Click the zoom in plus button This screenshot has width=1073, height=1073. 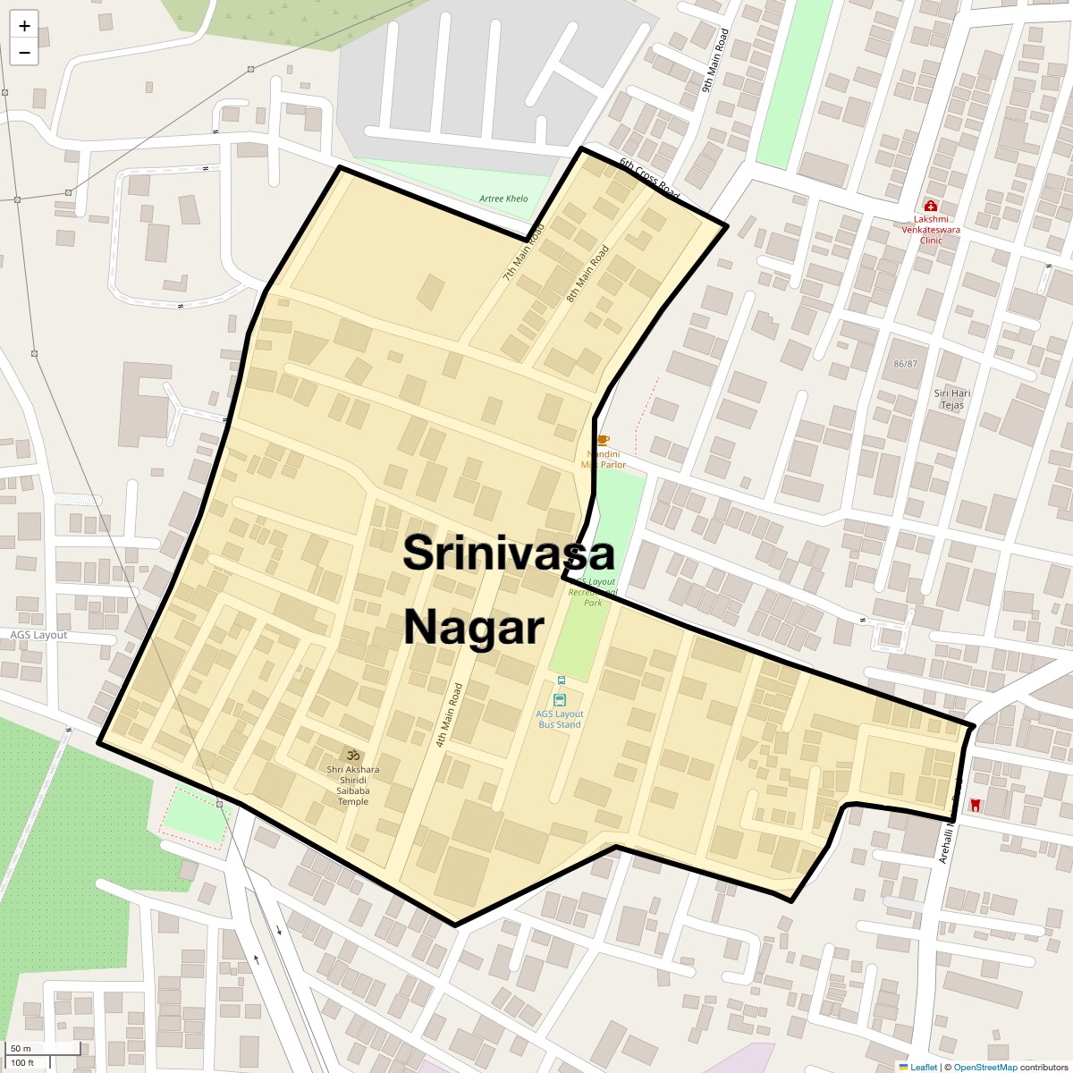(24, 26)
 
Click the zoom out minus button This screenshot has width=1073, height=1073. (24, 53)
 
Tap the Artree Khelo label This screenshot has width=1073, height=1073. (503, 199)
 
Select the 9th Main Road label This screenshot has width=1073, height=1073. (715, 60)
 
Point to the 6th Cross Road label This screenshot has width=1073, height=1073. (649, 178)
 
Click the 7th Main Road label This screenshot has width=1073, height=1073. (523, 253)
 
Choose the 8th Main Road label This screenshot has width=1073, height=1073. (587, 272)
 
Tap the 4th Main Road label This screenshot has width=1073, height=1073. (449, 715)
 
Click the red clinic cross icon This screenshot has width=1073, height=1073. (930, 206)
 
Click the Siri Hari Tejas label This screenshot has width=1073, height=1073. (952, 399)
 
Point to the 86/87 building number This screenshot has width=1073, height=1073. (905, 364)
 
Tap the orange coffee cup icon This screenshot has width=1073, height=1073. (603, 440)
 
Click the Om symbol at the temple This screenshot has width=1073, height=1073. (352, 755)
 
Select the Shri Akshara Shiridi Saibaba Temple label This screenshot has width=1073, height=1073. (352, 785)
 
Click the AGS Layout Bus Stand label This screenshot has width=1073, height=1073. (560, 719)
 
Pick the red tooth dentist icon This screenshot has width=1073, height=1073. (975, 805)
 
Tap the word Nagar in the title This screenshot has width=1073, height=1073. (474, 628)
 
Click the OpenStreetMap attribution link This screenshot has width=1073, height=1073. (984, 1067)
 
